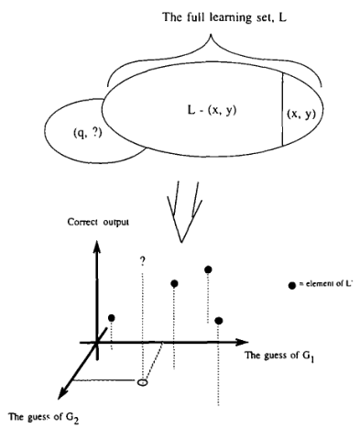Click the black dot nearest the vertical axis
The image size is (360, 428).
point(112,318)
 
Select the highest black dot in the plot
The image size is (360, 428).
point(209,269)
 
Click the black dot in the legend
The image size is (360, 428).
point(291,287)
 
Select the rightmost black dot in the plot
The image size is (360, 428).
point(220,320)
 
